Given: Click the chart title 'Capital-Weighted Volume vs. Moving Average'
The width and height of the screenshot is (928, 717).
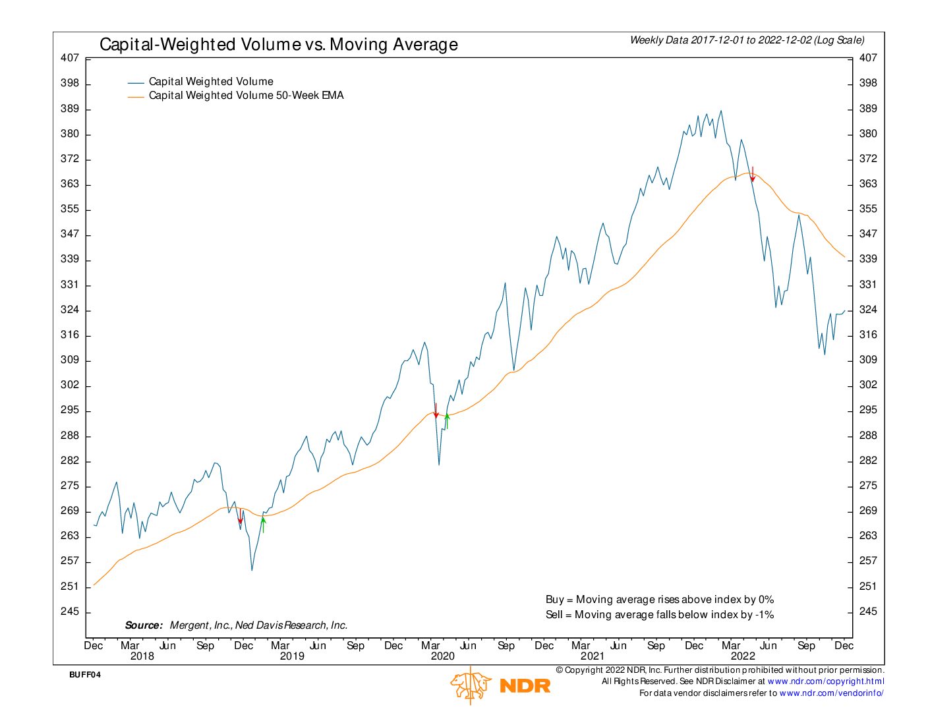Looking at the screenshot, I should pos(278,45).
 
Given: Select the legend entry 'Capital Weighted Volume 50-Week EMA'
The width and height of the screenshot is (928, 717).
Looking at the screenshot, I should pos(246,96).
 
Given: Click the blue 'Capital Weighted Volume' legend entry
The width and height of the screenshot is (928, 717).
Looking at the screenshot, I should pos(211,82).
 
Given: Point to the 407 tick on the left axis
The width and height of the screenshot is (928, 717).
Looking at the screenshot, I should pos(70,58).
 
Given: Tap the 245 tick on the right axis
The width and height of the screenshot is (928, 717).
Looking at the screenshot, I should pos(868,612).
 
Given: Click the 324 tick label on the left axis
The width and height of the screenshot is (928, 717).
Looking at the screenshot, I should pos(70,310).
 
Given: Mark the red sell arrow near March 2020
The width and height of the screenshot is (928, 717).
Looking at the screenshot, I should pos(436,411).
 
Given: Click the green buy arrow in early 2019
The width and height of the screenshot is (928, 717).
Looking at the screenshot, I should pos(263,524).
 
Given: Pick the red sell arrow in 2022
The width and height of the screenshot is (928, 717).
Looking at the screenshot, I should pos(753,175).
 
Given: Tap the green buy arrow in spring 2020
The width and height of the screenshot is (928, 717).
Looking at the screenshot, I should pos(447,420).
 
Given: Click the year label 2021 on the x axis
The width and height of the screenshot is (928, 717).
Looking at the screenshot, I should pos(592,656).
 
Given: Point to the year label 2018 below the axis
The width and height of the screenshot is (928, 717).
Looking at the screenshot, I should pos(142,656).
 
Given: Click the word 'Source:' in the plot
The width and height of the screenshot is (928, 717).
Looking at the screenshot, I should pos(144,625).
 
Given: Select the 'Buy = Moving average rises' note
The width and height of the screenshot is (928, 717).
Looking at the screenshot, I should pos(659,600).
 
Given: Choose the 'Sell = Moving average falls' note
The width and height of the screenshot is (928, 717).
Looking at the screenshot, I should pos(659,615).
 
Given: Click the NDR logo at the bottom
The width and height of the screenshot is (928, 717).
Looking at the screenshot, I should pos(501,685).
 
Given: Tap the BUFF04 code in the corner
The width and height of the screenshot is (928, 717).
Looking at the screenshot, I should pos(85,675).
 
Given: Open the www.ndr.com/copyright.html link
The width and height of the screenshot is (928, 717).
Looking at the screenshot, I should pos(826,681).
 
